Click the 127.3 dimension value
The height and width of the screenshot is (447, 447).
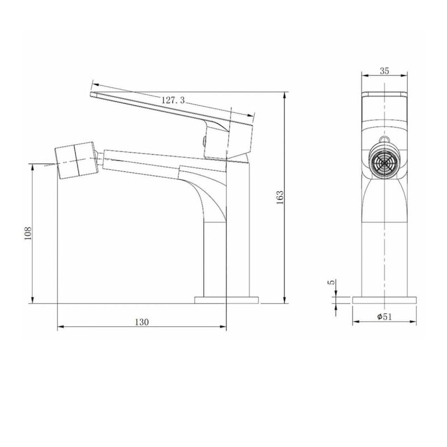coord(173,100)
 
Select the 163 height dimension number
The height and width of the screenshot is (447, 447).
coord(280,197)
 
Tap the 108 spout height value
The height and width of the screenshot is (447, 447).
coord(27,233)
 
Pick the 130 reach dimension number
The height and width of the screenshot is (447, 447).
coord(142,322)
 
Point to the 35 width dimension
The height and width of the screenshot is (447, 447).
coord(384,71)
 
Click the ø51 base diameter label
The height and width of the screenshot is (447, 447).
coord(384,316)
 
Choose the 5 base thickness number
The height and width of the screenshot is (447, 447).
coord(331,282)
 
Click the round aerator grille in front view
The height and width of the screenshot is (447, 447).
coord(384,164)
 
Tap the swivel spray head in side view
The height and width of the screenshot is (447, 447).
coord(77,160)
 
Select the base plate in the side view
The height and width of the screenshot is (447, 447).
coord(227,300)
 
